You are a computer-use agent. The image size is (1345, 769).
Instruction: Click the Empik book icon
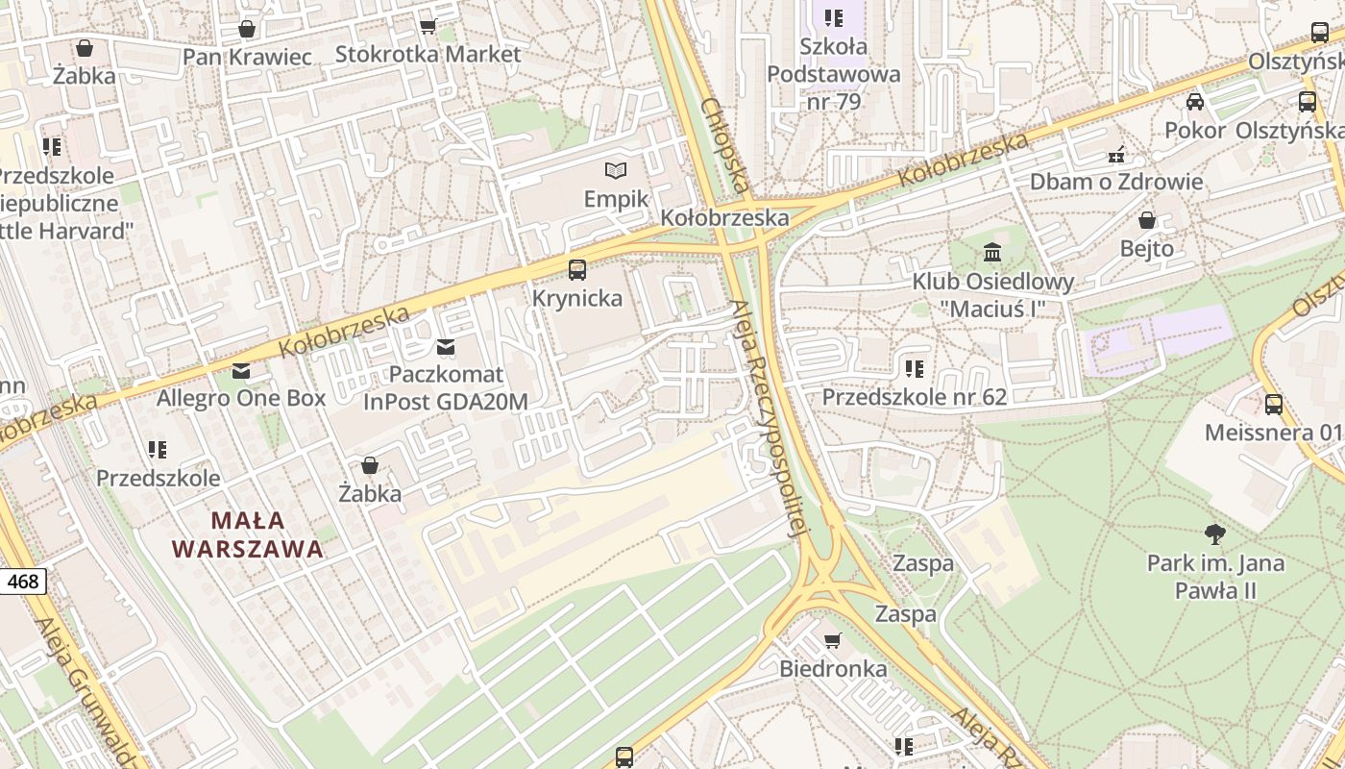(615, 171)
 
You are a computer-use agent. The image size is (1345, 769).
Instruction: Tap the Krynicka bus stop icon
(576, 270)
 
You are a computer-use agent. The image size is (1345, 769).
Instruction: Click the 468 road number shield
(23, 582)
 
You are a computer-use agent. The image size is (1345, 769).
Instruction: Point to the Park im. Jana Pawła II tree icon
(1214, 533)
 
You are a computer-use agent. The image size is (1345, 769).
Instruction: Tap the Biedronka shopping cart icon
(833, 640)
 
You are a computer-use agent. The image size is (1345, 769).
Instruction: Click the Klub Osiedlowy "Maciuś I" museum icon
(992, 253)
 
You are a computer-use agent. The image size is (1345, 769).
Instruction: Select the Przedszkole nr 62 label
(914, 397)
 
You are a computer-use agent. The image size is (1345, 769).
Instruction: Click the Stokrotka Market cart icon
(428, 26)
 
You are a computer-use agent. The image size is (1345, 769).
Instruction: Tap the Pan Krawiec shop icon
(247, 29)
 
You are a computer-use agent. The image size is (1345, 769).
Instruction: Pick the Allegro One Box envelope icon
(241, 370)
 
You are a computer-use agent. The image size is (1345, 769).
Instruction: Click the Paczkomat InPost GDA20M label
(446, 388)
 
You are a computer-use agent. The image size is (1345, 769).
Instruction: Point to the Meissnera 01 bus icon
(1273, 405)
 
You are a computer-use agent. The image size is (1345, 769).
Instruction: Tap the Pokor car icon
(1194, 102)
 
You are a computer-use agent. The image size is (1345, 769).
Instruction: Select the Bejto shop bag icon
(1146, 220)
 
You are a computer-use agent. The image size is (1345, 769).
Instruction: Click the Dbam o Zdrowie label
(1115, 182)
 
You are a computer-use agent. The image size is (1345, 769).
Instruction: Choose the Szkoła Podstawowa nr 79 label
(834, 73)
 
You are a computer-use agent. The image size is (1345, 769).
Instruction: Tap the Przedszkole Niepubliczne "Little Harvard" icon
(52, 147)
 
